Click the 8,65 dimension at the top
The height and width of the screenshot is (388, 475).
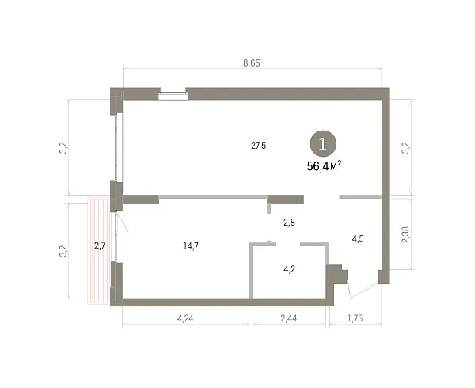click(x=252, y=63)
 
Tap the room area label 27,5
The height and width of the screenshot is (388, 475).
click(x=258, y=146)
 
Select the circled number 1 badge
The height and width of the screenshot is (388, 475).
click(x=323, y=144)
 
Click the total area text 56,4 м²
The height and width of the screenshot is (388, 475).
click(x=325, y=166)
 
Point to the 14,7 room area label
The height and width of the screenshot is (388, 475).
click(x=191, y=246)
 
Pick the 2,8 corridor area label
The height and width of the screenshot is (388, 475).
click(x=289, y=223)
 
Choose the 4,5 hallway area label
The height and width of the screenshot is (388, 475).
click(x=358, y=238)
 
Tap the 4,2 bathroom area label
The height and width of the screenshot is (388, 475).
click(x=289, y=269)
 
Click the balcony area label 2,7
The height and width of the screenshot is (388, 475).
click(x=100, y=245)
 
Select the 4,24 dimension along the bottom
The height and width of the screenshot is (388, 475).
click(x=185, y=318)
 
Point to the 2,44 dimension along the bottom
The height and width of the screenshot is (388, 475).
click(x=289, y=318)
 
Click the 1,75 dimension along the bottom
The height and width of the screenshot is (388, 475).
click(x=355, y=318)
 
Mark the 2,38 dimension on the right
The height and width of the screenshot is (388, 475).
click(x=405, y=234)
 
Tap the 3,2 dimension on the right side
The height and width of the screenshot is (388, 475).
click(x=405, y=148)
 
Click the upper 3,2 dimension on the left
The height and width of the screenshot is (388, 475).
click(x=63, y=148)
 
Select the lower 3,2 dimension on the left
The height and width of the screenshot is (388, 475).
click(x=63, y=251)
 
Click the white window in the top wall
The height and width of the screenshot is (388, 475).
click(x=173, y=96)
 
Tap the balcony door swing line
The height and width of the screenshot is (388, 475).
click(x=122, y=222)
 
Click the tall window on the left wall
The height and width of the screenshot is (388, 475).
click(x=119, y=147)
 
